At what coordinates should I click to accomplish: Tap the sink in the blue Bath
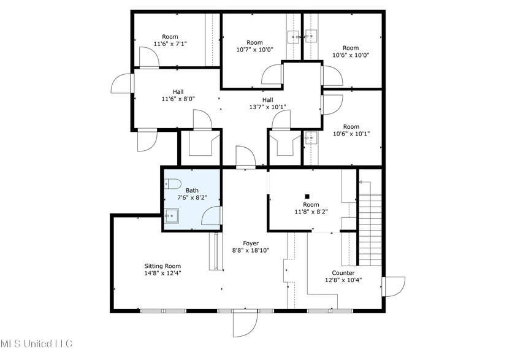(x=172, y=215)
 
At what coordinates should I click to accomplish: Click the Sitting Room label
(x=158, y=266)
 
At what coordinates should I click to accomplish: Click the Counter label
(x=343, y=273)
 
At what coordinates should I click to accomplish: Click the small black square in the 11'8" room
(x=308, y=196)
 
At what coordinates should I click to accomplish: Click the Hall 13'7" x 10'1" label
(x=268, y=103)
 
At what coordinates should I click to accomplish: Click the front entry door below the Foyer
(x=245, y=323)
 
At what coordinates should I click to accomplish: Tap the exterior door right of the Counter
(x=393, y=286)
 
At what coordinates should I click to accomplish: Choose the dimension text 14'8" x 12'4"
(x=158, y=274)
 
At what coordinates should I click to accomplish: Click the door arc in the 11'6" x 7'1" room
(x=149, y=58)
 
